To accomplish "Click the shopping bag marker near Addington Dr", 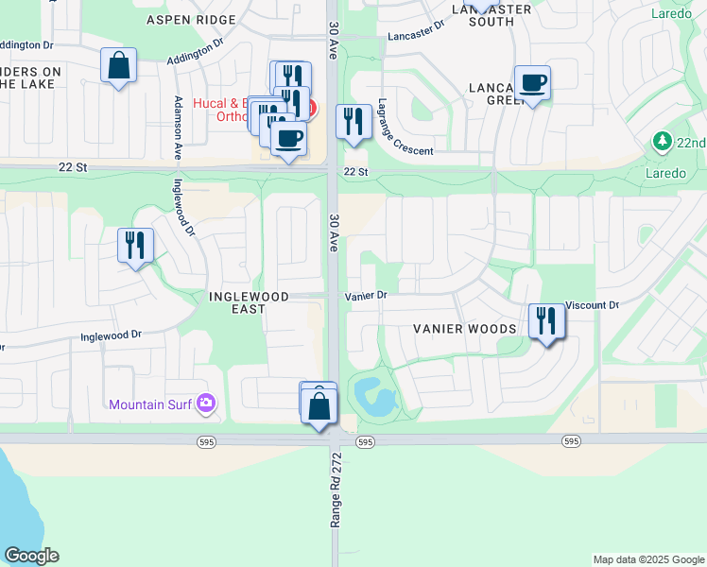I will point(119,66).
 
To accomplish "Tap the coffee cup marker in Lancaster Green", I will point(532,83).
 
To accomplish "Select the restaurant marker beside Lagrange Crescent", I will point(353,122).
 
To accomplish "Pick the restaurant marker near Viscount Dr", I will point(546,321).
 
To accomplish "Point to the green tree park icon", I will point(663,142).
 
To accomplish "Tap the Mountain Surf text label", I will point(148,405).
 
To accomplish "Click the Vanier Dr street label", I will point(366,296).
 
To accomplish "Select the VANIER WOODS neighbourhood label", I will point(464,329).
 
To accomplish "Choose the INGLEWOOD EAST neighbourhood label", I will point(249,297).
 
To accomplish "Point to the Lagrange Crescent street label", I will point(404,128).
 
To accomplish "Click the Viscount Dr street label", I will point(592,306).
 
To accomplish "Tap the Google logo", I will point(31,556).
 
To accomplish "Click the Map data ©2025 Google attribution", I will point(647,559).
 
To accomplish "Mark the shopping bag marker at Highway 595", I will point(319,406).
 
